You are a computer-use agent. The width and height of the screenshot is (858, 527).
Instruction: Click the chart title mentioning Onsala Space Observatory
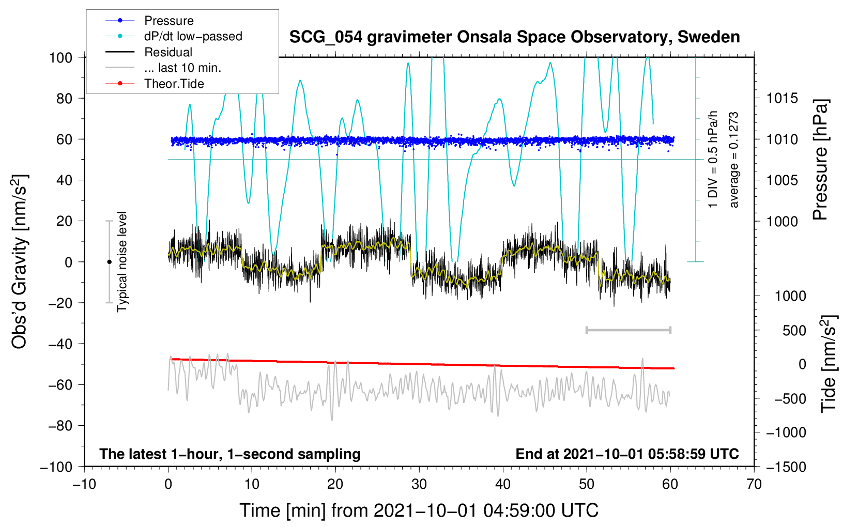[514, 37]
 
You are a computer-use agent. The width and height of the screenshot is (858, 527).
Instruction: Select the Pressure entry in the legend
[168, 21]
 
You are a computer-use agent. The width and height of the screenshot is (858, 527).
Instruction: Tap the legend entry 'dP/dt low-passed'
[193, 36]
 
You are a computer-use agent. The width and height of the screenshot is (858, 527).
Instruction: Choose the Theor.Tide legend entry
[174, 84]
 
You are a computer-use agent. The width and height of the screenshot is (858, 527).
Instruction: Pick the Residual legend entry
[168, 52]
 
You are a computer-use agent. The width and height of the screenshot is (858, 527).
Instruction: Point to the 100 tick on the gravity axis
[61, 57]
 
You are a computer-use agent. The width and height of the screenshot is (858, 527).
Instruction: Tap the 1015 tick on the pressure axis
[782, 98]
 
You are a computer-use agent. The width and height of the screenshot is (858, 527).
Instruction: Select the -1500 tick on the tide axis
[786, 467]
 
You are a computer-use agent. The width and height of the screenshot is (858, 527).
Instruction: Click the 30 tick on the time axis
[419, 484]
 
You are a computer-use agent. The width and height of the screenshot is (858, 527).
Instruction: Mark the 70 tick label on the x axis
[754, 484]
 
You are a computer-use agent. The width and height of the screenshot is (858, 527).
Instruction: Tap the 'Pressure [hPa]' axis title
[820, 160]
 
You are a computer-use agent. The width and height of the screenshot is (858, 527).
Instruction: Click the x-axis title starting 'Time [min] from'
[419, 510]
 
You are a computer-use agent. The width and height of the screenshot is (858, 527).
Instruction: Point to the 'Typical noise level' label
[122, 261]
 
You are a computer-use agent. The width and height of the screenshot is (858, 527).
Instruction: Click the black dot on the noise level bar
[109, 262]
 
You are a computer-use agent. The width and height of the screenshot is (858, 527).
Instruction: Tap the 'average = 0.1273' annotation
[733, 160]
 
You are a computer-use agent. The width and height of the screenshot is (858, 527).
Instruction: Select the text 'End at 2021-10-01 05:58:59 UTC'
[627, 454]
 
